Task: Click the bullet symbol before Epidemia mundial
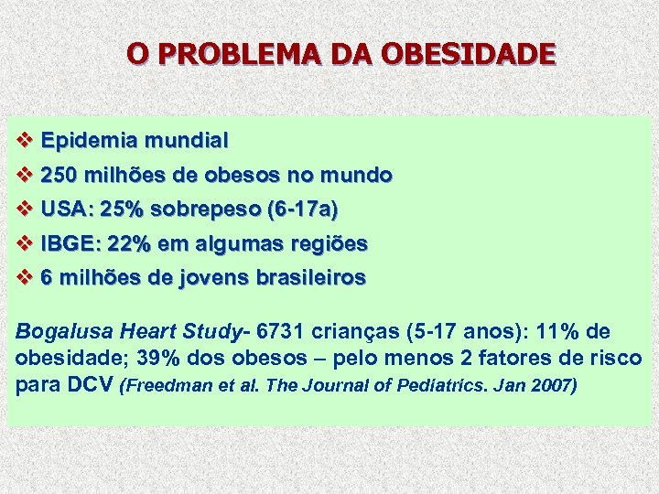coord(25,141)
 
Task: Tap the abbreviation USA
coord(66,209)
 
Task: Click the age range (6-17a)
coord(301,209)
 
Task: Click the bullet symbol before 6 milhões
coord(25,277)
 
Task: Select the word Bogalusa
coord(59,331)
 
